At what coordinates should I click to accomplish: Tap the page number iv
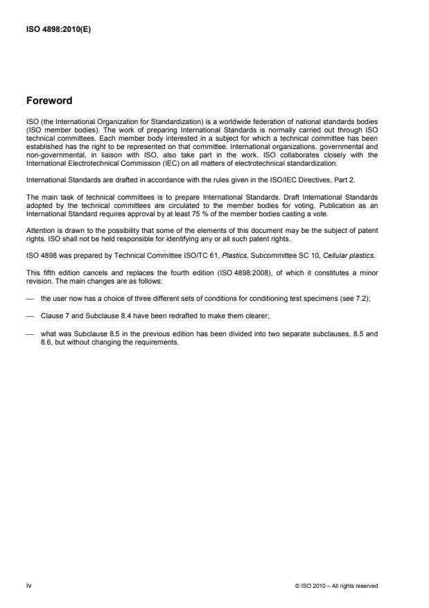[x=28, y=586]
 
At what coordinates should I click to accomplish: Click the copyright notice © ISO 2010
[x=336, y=587]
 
